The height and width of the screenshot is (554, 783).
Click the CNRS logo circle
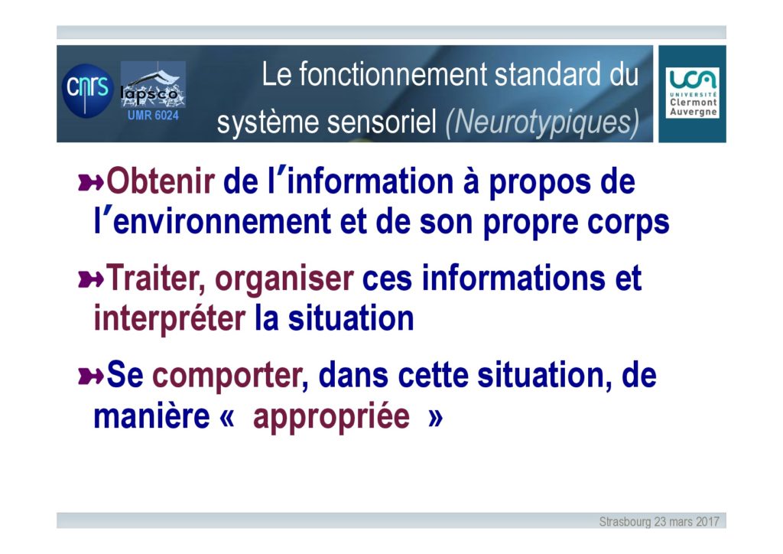[87, 91]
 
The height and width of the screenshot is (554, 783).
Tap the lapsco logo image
[153, 84]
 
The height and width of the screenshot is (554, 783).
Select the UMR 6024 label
[153, 116]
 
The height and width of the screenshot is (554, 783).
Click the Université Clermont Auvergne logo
[692, 93]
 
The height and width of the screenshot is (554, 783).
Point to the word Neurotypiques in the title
[542, 122]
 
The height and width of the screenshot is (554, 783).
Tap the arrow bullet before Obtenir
[91, 182]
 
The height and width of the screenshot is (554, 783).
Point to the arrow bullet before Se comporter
[91, 376]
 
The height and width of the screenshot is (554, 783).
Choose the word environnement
[222, 221]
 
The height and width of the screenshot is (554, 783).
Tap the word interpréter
[169, 319]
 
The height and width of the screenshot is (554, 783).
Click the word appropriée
[332, 416]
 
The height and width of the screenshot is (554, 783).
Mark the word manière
[152, 415]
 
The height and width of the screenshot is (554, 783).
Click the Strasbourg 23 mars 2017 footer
[659, 522]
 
